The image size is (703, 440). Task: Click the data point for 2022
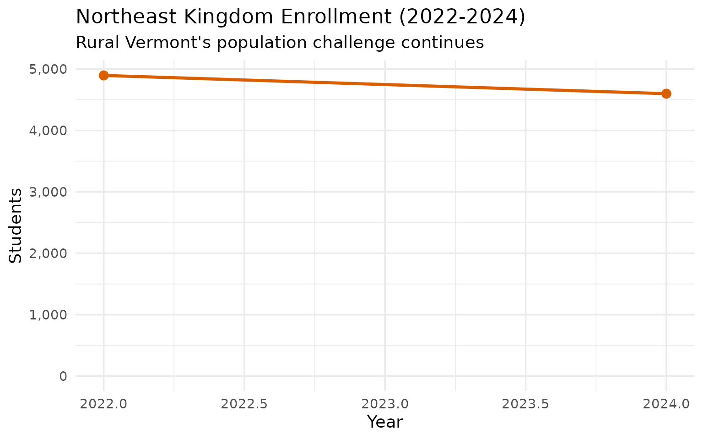[x=103, y=75]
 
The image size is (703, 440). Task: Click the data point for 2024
[x=666, y=93]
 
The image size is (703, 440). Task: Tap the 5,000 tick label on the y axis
[x=48, y=69]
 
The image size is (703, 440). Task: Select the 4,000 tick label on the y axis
[x=48, y=131]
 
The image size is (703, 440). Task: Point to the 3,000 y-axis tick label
[x=48, y=192]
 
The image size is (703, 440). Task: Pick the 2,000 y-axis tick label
[x=48, y=253]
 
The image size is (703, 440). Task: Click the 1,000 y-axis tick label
[x=48, y=315]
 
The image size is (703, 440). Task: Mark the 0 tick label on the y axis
[x=63, y=376]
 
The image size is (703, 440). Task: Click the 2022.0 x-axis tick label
[x=103, y=404]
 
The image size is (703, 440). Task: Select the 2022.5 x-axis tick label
[x=244, y=404]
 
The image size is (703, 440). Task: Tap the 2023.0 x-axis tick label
[x=385, y=404]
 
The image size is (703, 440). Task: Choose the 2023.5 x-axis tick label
[x=525, y=404]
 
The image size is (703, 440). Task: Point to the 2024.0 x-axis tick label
[x=666, y=404]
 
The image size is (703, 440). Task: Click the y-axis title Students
[x=16, y=225]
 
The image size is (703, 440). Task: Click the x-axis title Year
[x=385, y=422]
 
